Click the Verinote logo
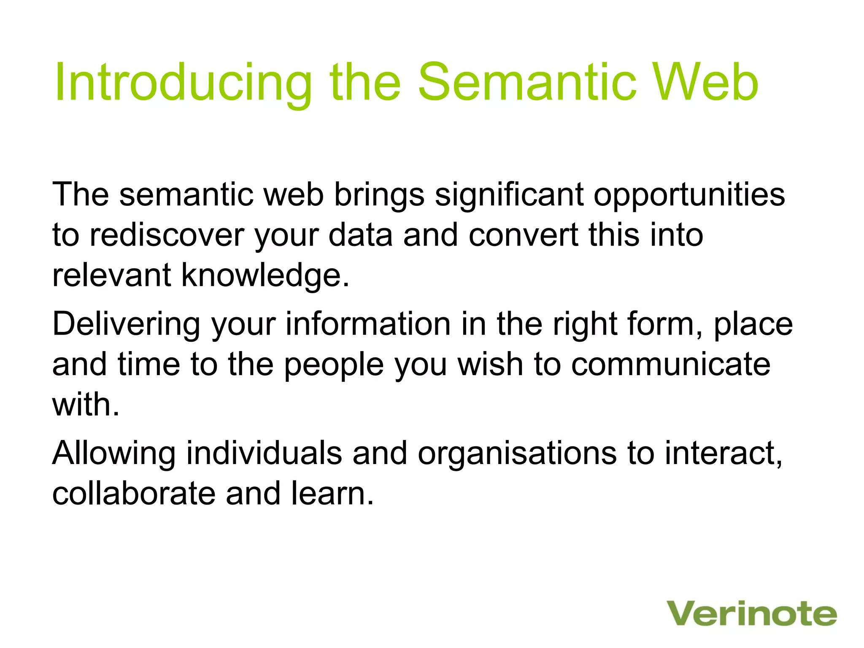[751, 614]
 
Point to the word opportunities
[689, 196]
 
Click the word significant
[509, 196]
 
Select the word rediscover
[167, 235]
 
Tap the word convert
[523, 235]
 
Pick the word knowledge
[265, 276]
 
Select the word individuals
[264, 453]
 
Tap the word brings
[379, 196]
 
